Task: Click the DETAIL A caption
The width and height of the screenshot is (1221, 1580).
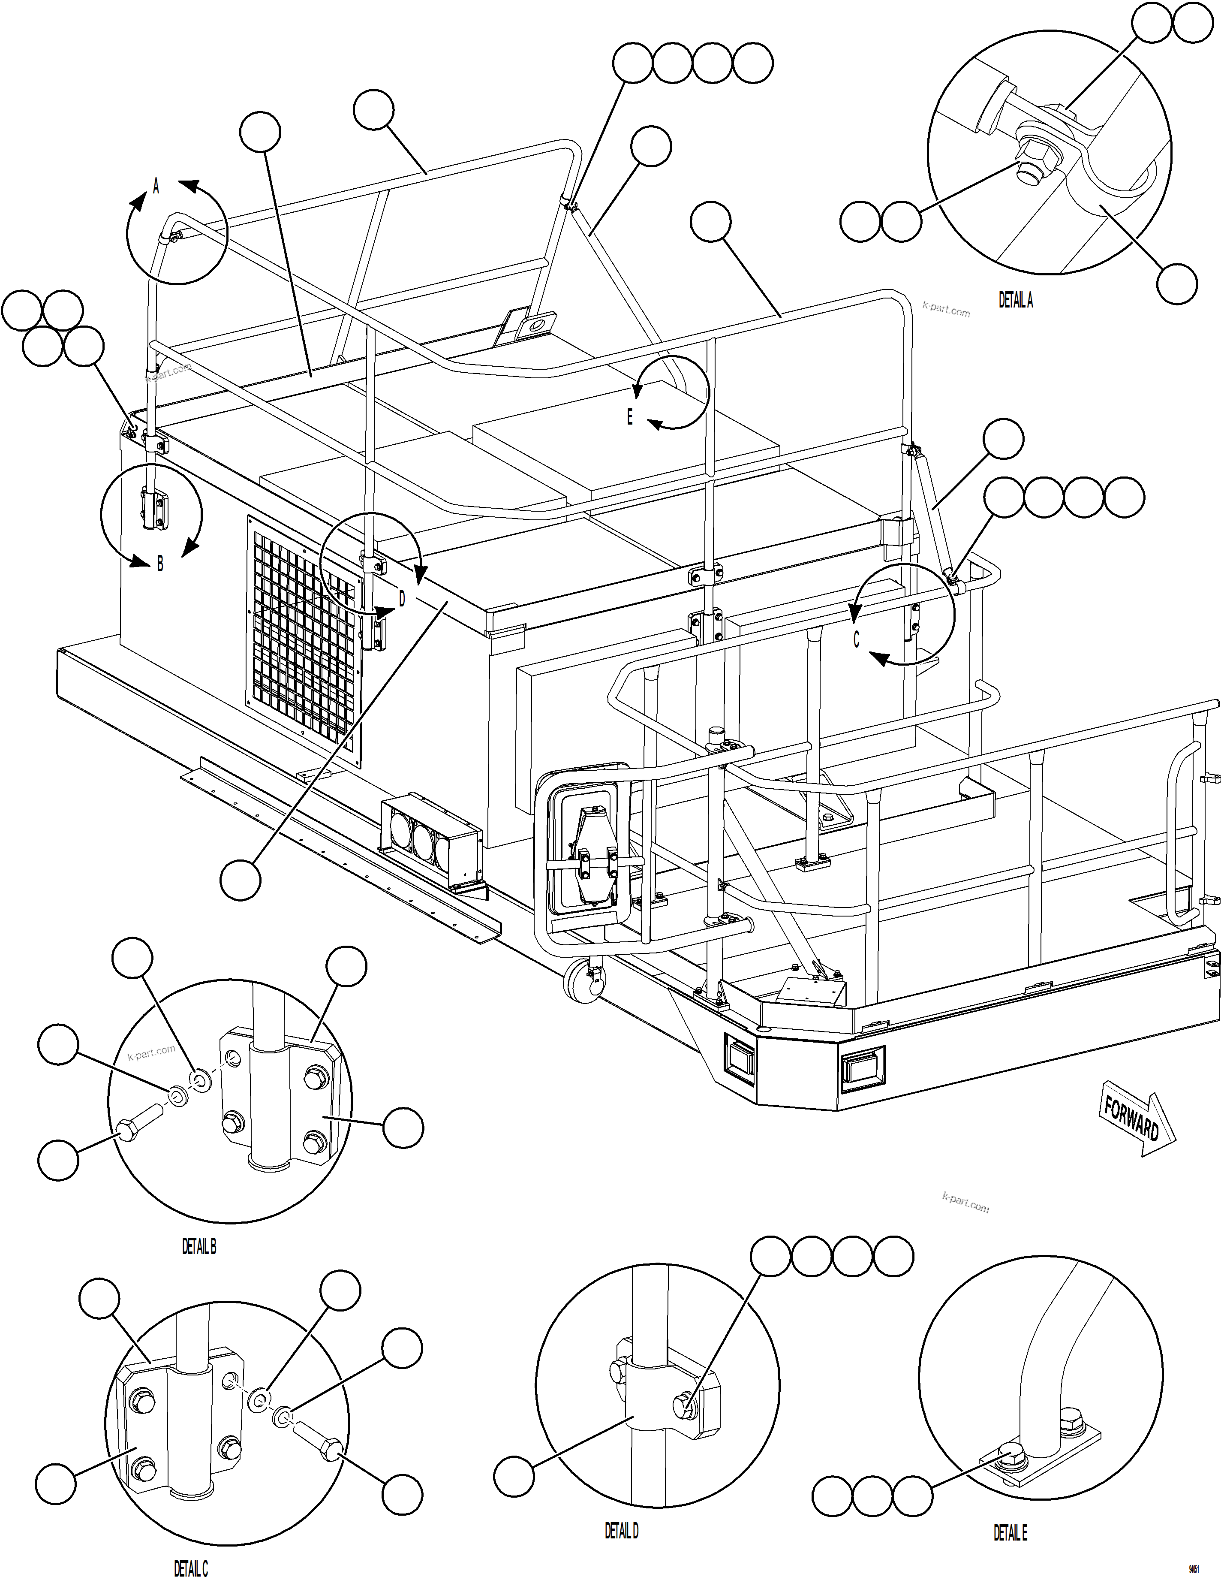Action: point(1016,301)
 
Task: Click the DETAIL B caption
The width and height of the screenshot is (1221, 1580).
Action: point(199,1246)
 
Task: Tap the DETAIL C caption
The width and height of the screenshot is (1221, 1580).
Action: point(191,1567)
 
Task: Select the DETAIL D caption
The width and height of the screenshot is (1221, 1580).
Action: point(621,1530)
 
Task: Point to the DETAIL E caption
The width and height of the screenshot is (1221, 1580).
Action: point(1010,1532)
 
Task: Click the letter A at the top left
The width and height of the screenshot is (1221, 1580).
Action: point(156,187)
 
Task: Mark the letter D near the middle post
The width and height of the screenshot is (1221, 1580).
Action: point(402,598)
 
